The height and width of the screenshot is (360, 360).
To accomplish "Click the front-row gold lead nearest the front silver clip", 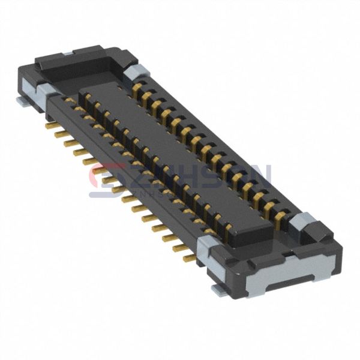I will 189,259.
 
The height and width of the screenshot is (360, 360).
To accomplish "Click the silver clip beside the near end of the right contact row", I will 302,221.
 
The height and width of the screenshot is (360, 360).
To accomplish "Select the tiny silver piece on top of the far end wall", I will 68,54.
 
